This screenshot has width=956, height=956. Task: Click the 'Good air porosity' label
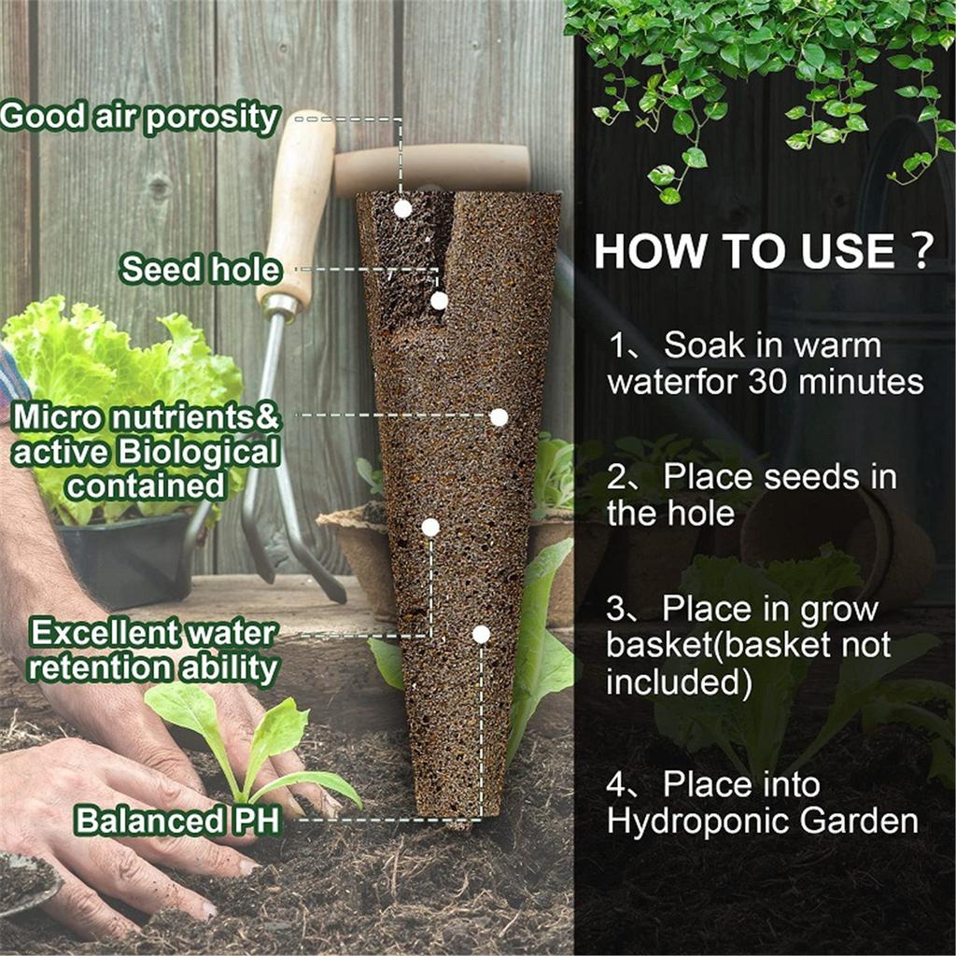pos(140,118)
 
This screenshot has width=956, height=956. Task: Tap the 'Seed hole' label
pos(201,270)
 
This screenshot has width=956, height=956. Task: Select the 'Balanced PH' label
pos(164,821)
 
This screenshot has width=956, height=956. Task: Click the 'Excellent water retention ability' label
pos(154,651)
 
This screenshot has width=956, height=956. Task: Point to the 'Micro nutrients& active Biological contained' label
pos(146,452)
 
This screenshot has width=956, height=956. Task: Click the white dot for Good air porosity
pos(402,208)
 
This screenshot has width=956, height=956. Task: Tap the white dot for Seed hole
pos(439,301)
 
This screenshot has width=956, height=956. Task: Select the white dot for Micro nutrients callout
pos(499,417)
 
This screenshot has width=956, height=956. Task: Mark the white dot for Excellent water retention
pos(430,527)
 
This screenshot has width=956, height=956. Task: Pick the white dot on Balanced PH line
pos(481,635)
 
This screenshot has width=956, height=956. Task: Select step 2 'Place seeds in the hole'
pos(752,495)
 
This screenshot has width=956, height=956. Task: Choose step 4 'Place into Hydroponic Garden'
pos(762,802)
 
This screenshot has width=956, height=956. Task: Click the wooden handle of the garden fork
pos(297,205)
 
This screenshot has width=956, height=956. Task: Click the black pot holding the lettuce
pos(121,560)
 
